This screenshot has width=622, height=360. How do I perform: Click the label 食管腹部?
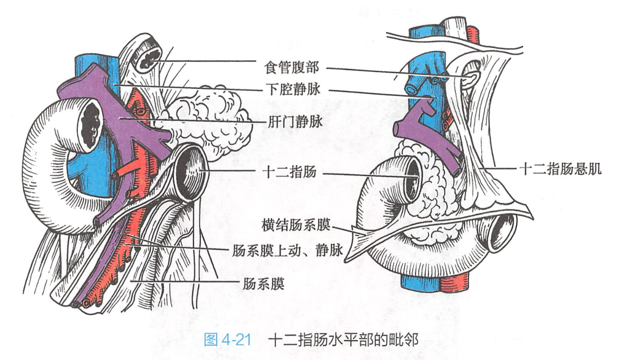292,67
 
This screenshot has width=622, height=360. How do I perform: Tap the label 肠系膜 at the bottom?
264,283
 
